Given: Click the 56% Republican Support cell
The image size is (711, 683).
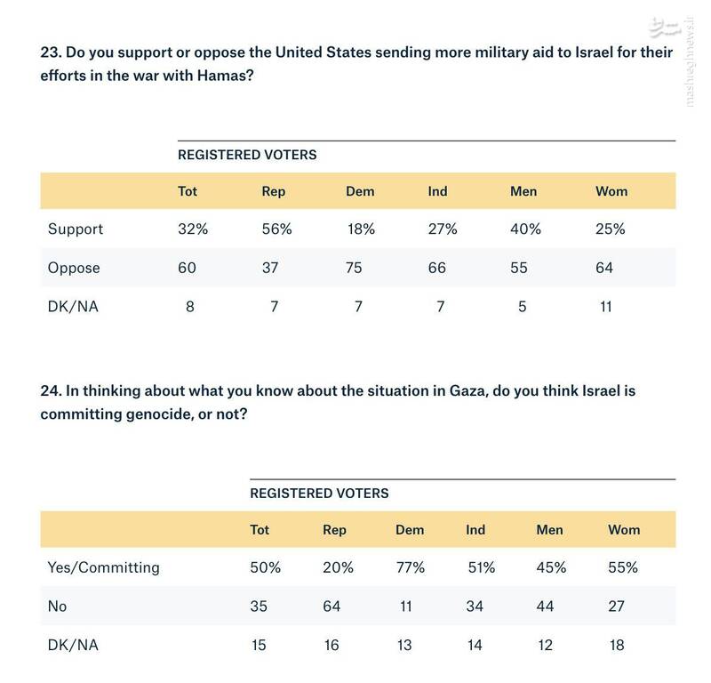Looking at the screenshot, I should click(x=276, y=229).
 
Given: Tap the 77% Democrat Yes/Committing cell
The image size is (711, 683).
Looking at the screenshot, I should click(x=410, y=566).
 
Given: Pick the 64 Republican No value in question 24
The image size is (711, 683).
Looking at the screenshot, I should click(x=331, y=606).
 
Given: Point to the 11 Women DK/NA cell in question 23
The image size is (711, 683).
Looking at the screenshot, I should click(x=605, y=307).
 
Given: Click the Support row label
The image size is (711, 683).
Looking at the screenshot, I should click(x=76, y=229).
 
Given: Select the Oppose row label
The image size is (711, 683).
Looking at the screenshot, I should click(x=74, y=268).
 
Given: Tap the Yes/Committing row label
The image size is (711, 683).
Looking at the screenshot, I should click(x=104, y=566).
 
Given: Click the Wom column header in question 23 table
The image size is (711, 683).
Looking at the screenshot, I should click(x=611, y=191).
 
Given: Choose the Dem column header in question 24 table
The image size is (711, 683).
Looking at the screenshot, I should click(x=410, y=529).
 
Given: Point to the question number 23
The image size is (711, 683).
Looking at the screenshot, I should click(x=51, y=53).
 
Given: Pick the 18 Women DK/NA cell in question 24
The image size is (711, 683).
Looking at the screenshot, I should click(x=617, y=645).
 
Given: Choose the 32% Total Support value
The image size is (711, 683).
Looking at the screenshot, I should click(x=193, y=229).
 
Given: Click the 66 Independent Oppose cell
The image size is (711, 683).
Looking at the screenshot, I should click(x=438, y=268).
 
